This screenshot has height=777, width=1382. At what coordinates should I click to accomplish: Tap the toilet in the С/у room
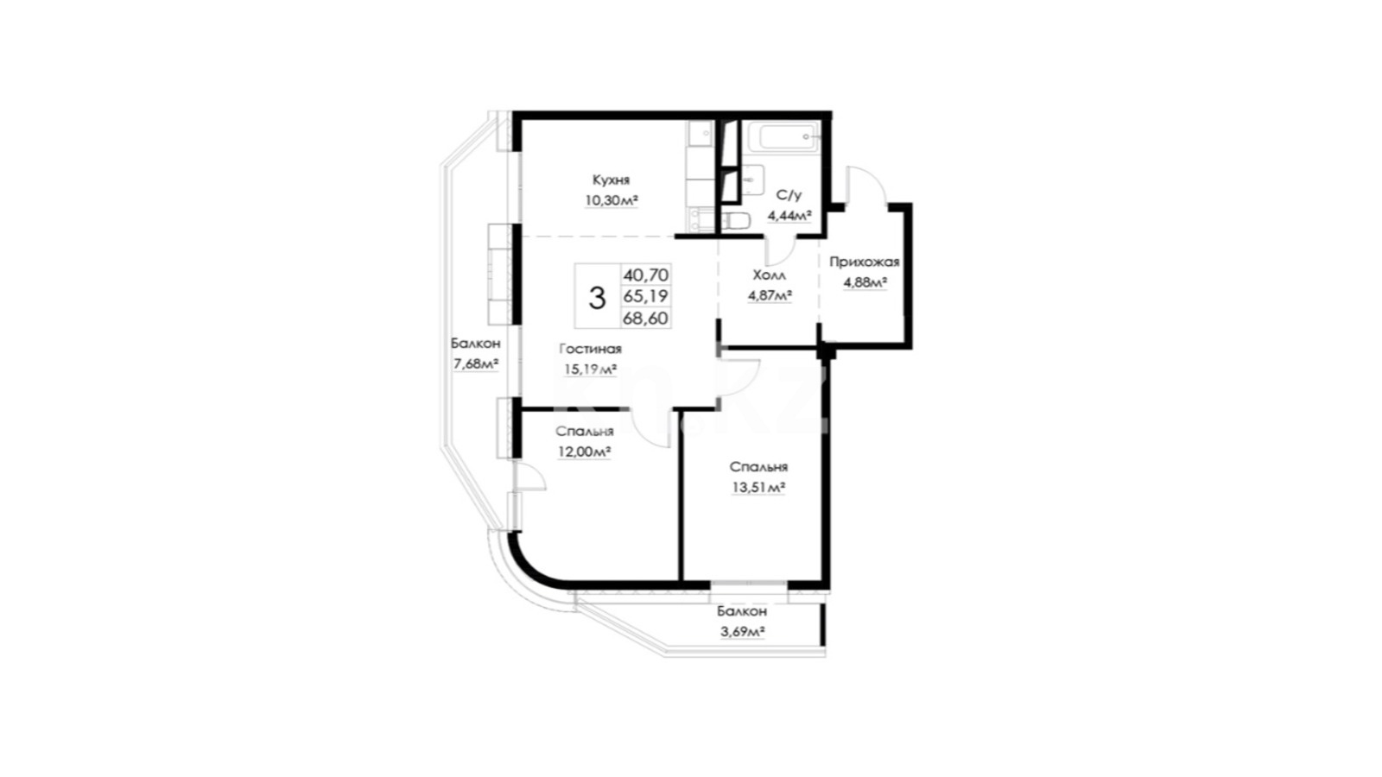[735, 221]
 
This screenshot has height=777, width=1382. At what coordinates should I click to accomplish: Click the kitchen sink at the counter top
[701, 134]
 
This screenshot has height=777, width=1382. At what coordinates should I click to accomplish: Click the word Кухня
[611, 180]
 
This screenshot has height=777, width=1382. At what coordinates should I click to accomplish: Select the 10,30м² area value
[612, 200]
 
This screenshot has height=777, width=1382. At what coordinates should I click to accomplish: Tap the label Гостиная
[591, 349]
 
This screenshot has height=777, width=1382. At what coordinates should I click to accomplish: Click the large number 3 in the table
[597, 298]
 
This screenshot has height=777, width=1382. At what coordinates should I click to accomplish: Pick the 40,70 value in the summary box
[646, 275]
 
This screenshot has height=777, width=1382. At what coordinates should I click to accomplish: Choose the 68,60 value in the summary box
[646, 319]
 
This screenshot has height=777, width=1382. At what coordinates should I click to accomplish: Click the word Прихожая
[865, 262]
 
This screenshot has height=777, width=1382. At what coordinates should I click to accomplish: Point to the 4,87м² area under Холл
[770, 296]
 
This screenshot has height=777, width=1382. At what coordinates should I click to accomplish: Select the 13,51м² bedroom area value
[758, 488]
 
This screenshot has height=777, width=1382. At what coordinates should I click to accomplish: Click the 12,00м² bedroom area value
[584, 452]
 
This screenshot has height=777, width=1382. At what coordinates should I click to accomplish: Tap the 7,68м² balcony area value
[476, 364]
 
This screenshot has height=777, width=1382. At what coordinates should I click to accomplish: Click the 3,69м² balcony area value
[742, 632]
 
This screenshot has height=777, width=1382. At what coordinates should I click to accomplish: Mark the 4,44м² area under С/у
[789, 216]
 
